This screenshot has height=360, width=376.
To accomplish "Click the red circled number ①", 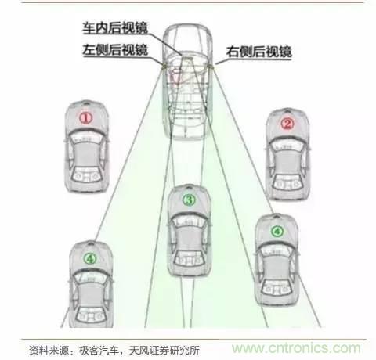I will [x=86, y=119].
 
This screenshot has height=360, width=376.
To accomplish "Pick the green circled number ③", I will [x=189, y=200].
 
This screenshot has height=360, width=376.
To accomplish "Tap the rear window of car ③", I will [x=189, y=259].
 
